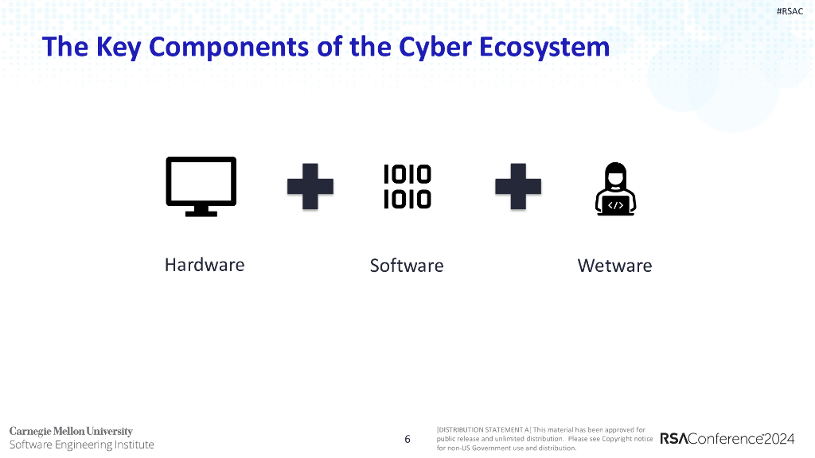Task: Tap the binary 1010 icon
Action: pyautogui.click(x=407, y=186)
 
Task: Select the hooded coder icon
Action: pyautogui.click(x=615, y=188)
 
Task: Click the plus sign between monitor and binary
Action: pyautogui.click(x=310, y=187)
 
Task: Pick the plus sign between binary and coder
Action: pyautogui.click(x=518, y=187)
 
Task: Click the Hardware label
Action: pyautogui.click(x=205, y=265)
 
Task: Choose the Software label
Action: pyautogui.click(x=407, y=266)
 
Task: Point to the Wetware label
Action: pyautogui.click(x=614, y=266)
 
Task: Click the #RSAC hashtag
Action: pyautogui.click(x=789, y=10)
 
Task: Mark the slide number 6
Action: pyautogui.click(x=407, y=439)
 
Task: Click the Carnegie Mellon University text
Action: pyautogui.click(x=71, y=431)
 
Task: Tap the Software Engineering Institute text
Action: pyautogui.click(x=81, y=444)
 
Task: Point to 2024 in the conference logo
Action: pyautogui.click(x=780, y=439)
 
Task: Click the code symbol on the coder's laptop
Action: pyautogui.click(x=615, y=205)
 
